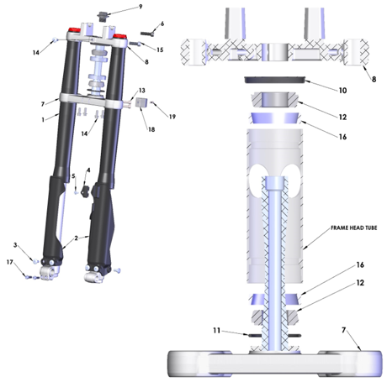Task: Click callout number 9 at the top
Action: (140, 7)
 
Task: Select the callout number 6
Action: (162, 24)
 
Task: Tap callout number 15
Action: (160, 50)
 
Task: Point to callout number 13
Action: (142, 90)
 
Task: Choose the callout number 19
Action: (172, 116)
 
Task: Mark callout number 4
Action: (87, 170)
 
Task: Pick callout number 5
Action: (74, 176)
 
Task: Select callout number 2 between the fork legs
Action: (77, 238)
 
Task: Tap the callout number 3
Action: (14, 244)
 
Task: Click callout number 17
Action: (10, 264)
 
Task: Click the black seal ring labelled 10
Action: (274, 81)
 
